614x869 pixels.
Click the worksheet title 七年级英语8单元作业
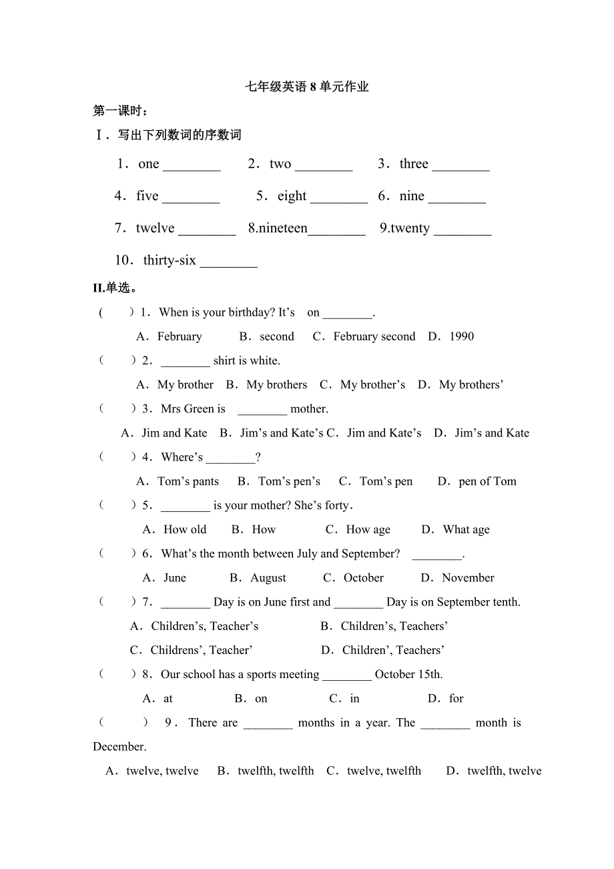pyautogui.click(x=307, y=87)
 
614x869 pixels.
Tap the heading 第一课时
pyautogui.click(x=120, y=111)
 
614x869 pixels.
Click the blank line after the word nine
pyautogui.click(x=457, y=197)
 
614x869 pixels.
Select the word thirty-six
pyautogui.click(x=170, y=260)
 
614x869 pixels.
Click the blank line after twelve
pyautogui.click(x=208, y=229)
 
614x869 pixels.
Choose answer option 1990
pyautogui.click(x=461, y=336)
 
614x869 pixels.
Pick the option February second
pyautogui.click(x=374, y=336)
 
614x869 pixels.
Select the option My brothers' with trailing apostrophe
pyautogui.click(x=471, y=384)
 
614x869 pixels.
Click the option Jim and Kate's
pyautogui.click(x=384, y=432)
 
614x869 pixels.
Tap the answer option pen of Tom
pyautogui.click(x=487, y=481)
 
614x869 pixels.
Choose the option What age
pyautogui.click(x=466, y=529)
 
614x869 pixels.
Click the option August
pyautogui.click(x=268, y=577)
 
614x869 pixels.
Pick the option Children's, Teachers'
pyautogui.click(x=394, y=626)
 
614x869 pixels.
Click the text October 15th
pyautogui.click(x=408, y=674)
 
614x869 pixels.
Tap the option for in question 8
pyautogui.click(x=456, y=698)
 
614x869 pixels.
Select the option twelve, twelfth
pyautogui.click(x=384, y=771)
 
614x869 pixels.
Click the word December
pyautogui.click(x=119, y=746)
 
